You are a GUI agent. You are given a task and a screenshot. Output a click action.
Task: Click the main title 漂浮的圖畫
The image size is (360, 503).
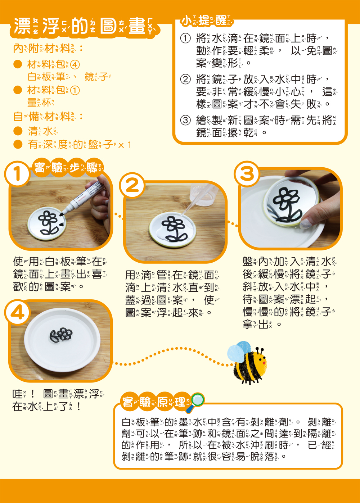coord(85,27)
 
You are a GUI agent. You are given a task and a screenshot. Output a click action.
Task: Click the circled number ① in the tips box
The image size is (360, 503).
coord(185,38)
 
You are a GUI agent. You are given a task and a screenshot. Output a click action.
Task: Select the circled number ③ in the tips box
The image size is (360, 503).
coord(185,120)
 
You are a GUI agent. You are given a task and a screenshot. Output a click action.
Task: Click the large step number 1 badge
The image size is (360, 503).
coord(17,174)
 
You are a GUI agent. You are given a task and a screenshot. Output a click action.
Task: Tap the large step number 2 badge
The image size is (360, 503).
coord(132,185)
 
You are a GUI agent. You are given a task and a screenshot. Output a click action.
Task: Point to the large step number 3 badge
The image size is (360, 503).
coord(247,174)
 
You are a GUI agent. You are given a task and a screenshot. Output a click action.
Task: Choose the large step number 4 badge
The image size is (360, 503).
coord(17,312)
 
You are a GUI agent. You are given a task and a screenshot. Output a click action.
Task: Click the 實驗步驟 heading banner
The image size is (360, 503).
coord(68,168)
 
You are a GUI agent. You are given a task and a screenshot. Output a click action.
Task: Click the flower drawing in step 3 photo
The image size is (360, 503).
coord(286,205)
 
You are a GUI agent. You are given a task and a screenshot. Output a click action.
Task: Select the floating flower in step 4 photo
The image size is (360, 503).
coord(62,335)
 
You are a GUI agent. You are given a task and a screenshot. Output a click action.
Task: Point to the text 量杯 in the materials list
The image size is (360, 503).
coord(40,103)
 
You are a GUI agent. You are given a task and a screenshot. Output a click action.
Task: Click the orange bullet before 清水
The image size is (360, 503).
coord(18,131)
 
